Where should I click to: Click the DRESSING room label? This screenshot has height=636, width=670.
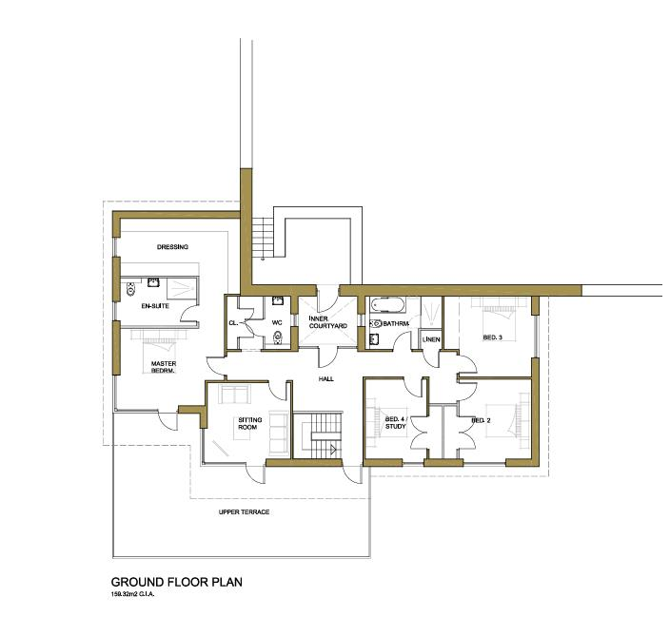pos(173,247)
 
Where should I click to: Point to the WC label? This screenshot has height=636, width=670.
pos(278,322)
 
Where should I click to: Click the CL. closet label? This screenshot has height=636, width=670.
pos(232,323)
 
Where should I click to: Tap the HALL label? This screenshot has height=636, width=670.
pos(326,378)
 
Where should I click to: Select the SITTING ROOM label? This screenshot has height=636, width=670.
pos(235,423)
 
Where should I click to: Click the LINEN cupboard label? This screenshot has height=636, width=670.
pos(429,338)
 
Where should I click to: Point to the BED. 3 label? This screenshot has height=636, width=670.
pos(492,337)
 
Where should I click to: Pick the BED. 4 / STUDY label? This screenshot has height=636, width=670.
pos(395,421)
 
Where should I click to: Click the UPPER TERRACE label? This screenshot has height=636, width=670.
pos(245,512)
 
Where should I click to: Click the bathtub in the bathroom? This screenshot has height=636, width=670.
pos(388,306)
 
